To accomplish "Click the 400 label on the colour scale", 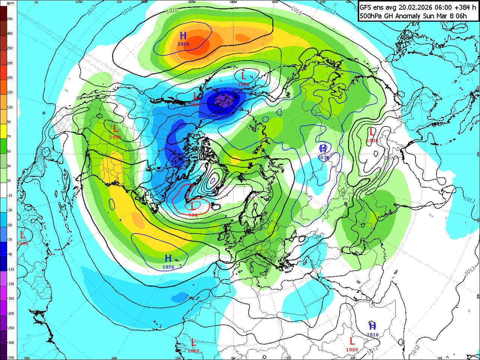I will (10, 34).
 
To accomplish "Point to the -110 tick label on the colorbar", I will (10, 269).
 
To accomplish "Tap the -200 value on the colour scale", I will (10, 313).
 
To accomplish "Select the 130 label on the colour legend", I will (10, 92).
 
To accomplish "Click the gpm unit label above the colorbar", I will (10, 3).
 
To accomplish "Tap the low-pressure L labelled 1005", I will (196, 96).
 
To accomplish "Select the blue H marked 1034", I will (323, 149).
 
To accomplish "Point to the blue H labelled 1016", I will (372, 326).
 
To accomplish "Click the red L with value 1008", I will (193, 342).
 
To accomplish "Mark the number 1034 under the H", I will (323, 158).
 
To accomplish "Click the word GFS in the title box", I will (366, 7).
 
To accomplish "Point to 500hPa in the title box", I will (371, 16).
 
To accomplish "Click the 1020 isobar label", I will (172, 10).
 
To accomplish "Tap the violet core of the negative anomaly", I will (224, 100).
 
